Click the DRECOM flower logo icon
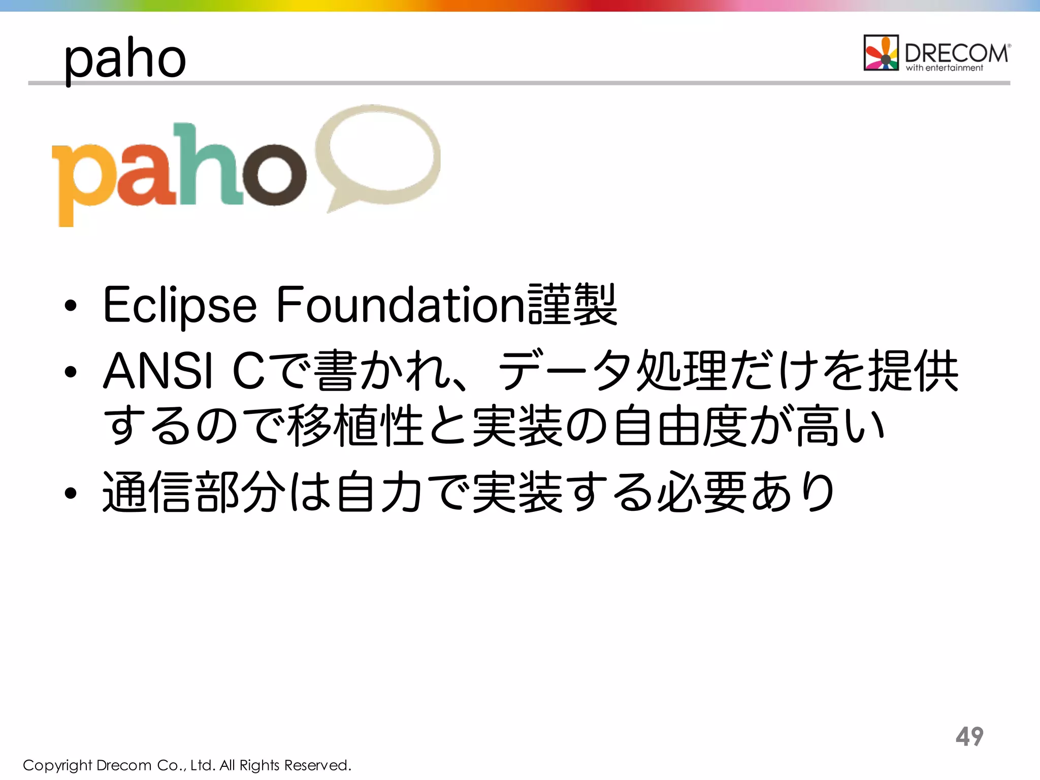coord(881,53)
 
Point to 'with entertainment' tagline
coord(945,68)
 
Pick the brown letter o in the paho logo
coord(274,175)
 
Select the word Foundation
coord(401,305)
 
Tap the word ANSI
coord(158,371)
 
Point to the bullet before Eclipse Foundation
coord(71,306)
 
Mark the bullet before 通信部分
coord(71,493)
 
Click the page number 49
coord(969,736)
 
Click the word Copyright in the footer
coord(57,765)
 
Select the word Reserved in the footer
coord(317,765)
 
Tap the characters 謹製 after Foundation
coord(572,305)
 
